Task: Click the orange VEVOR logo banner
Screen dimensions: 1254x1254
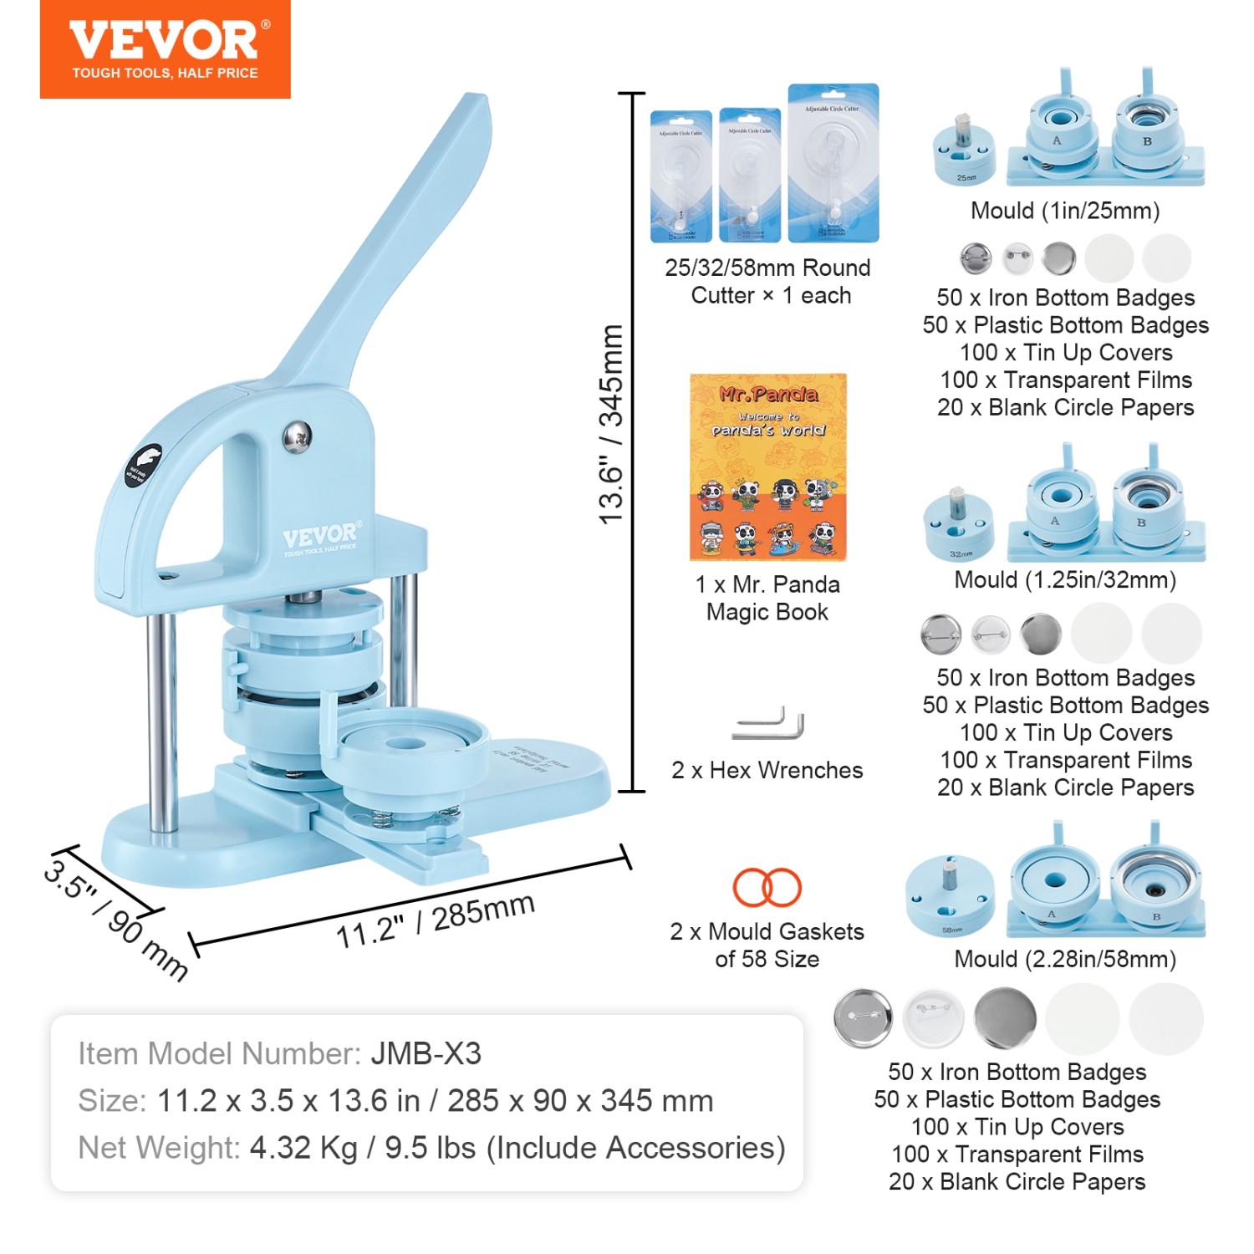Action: [x=165, y=48]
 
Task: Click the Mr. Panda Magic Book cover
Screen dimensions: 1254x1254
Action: [x=767, y=466]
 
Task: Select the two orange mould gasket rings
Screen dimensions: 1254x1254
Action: [x=767, y=887]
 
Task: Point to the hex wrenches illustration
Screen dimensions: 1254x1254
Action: [x=767, y=725]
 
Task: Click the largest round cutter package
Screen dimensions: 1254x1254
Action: [x=833, y=162]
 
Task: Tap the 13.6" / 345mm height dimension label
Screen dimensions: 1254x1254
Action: [x=612, y=425]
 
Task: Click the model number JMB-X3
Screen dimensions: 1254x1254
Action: [x=426, y=1054]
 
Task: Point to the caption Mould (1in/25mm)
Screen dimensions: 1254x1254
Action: [x=1065, y=211]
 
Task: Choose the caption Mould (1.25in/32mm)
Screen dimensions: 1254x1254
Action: [x=1065, y=579]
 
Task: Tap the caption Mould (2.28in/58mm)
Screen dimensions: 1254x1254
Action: [x=1065, y=959]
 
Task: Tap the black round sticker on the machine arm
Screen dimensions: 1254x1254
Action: [x=143, y=466]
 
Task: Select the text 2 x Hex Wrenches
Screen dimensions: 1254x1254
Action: [x=767, y=770]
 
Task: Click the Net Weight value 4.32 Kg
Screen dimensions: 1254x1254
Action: [x=303, y=1148]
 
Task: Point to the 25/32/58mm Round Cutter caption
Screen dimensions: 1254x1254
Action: [x=767, y=282]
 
